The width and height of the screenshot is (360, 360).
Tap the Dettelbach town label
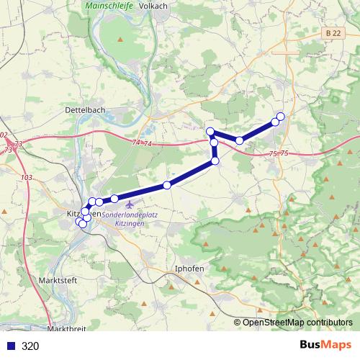tap(85, 110)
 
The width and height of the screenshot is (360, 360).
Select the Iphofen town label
tap(190, 269)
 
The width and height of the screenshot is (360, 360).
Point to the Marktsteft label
tap(59, 279)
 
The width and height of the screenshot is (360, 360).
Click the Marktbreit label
tap(66, 328)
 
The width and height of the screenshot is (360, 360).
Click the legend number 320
tap(30, 346)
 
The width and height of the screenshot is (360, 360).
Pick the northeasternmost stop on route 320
tap(280, 117)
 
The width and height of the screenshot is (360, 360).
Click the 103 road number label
tap(27, 177)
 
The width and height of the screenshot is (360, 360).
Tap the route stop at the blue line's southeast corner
tap(215, 162)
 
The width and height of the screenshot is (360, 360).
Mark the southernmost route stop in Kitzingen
tap(82, 225)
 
